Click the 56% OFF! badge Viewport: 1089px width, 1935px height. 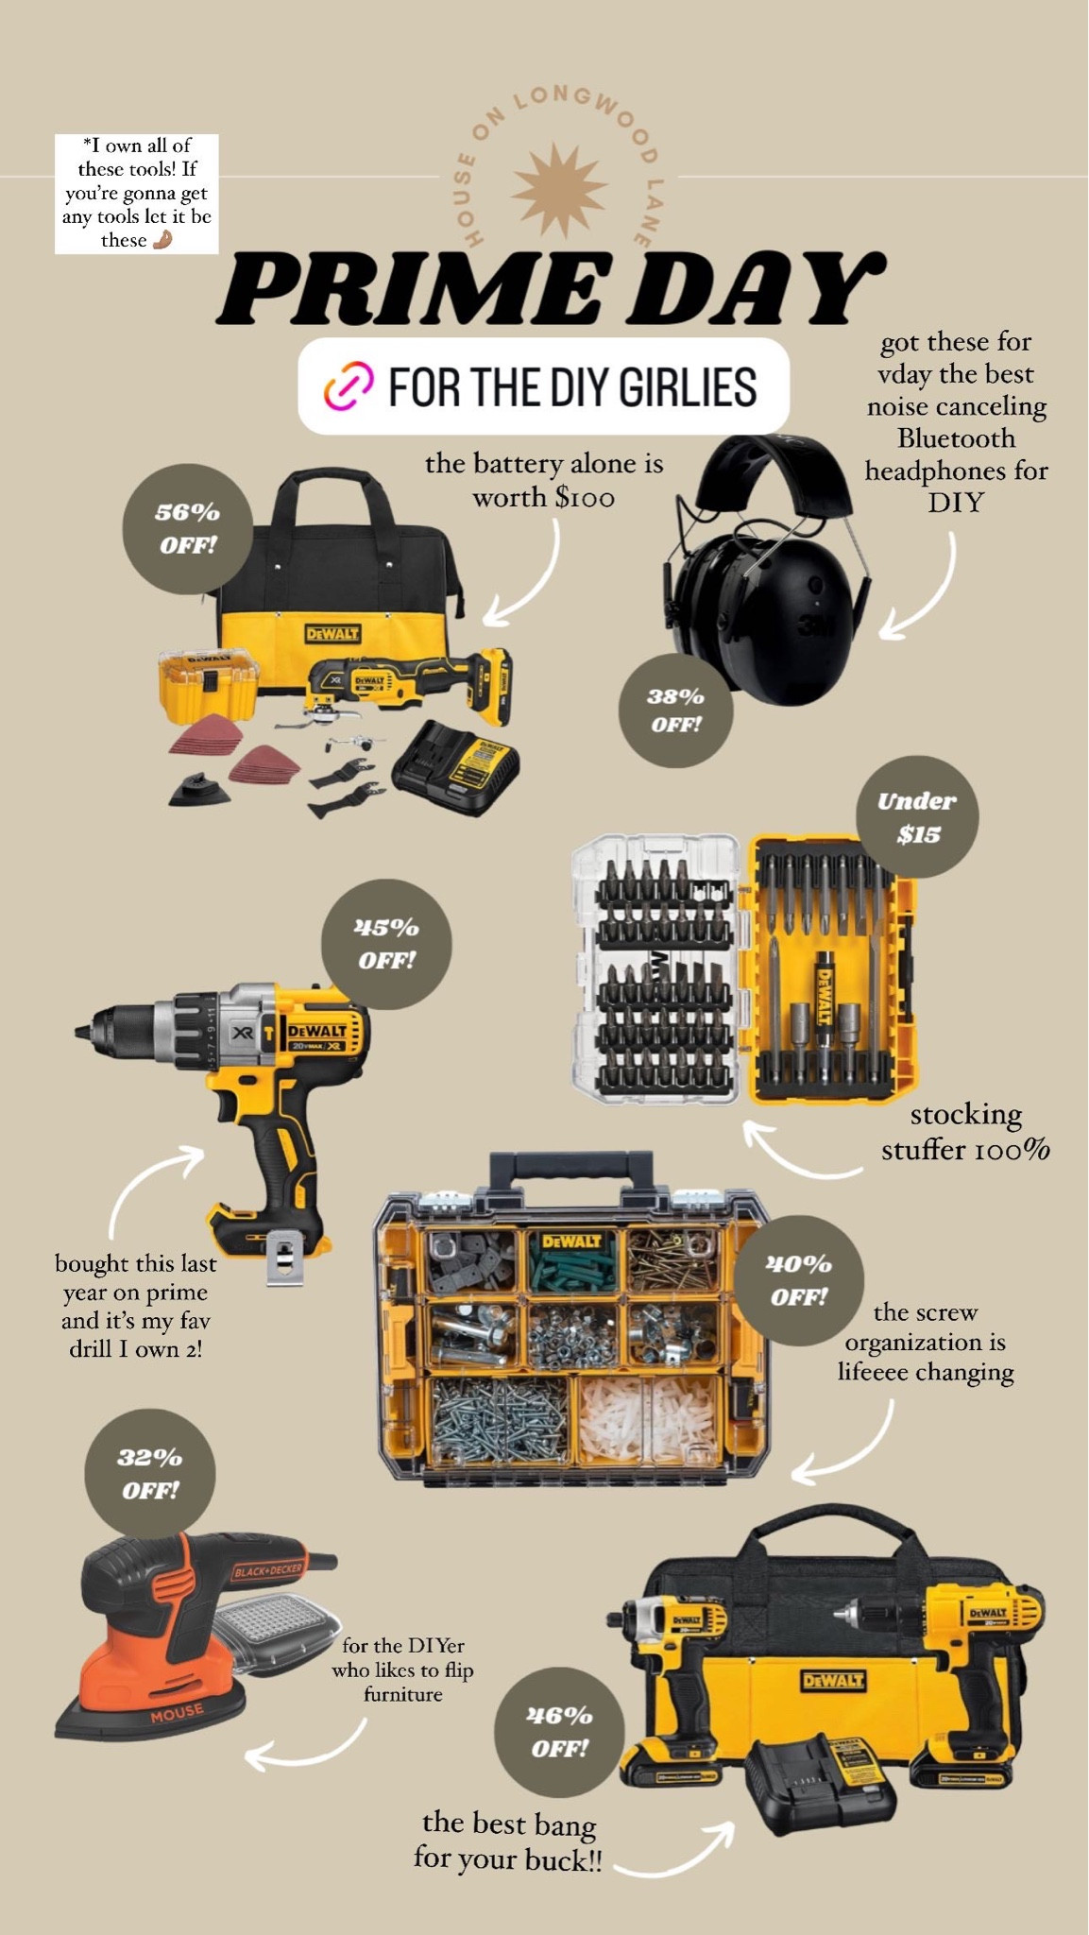tap(188, 528)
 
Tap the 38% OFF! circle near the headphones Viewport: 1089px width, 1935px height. tap(675, 711)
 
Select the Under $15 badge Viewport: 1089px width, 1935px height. tap(917, 817)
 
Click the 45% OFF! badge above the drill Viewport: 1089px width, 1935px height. tap(386, 944)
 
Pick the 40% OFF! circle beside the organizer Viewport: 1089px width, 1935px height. tap(799, 1280)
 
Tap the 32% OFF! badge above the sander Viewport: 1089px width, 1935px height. tap(150, 1474)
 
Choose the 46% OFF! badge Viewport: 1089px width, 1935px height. tap(559, 1732)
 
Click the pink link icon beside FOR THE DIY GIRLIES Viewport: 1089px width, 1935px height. tap(349, 386)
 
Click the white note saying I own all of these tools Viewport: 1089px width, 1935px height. tap(137, 194)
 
